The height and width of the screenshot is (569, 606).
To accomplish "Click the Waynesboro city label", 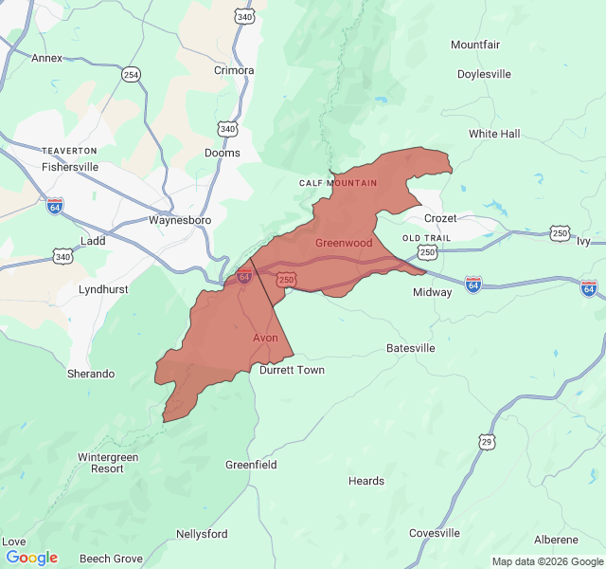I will pyautogui.click(x=179, y=220).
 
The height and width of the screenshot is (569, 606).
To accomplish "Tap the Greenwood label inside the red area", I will pyautogui.click(x=344, y=243).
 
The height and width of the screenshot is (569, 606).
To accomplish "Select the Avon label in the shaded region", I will pyautogui.click(x=265, y=338).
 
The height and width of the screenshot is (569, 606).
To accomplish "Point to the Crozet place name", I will pyautogui.click(x=440, y=218).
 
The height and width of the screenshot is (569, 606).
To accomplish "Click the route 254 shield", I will pyautogui.click(x=131, y=74).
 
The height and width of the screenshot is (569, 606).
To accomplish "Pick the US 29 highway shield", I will pyautogui.click(x=487, y=442).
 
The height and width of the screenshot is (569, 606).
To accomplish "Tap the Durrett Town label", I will pyautogui.click(x=292, y=370).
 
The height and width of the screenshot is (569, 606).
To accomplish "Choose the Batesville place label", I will pyautogui.click(x=411, y=348).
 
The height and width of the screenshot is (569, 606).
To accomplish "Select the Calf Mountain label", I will pyautogui.click(x=338, y=182).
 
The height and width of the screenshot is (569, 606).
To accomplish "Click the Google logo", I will pyautogui.click(x=31, y=558).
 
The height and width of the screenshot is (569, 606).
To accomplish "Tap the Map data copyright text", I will pyautogui.click(x=546, y=561).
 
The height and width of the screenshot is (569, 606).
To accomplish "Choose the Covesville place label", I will pyautogui.click(x=435, y=533).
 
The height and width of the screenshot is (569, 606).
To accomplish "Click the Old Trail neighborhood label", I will pyautogui.click(x=426, y=237).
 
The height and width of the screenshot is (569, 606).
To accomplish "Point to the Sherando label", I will pyautogui.click(x=91, y=374).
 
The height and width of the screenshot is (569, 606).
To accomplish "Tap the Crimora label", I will pyautogui.click(x=234, y=70).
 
